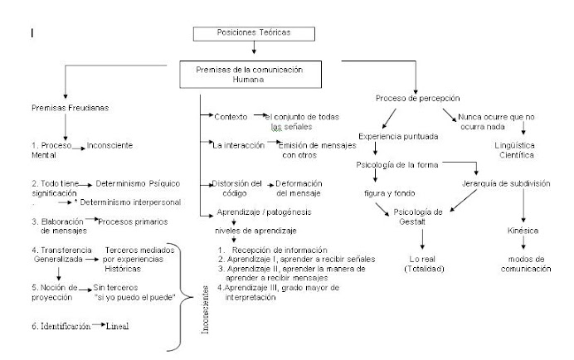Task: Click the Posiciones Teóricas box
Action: point(242,35)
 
